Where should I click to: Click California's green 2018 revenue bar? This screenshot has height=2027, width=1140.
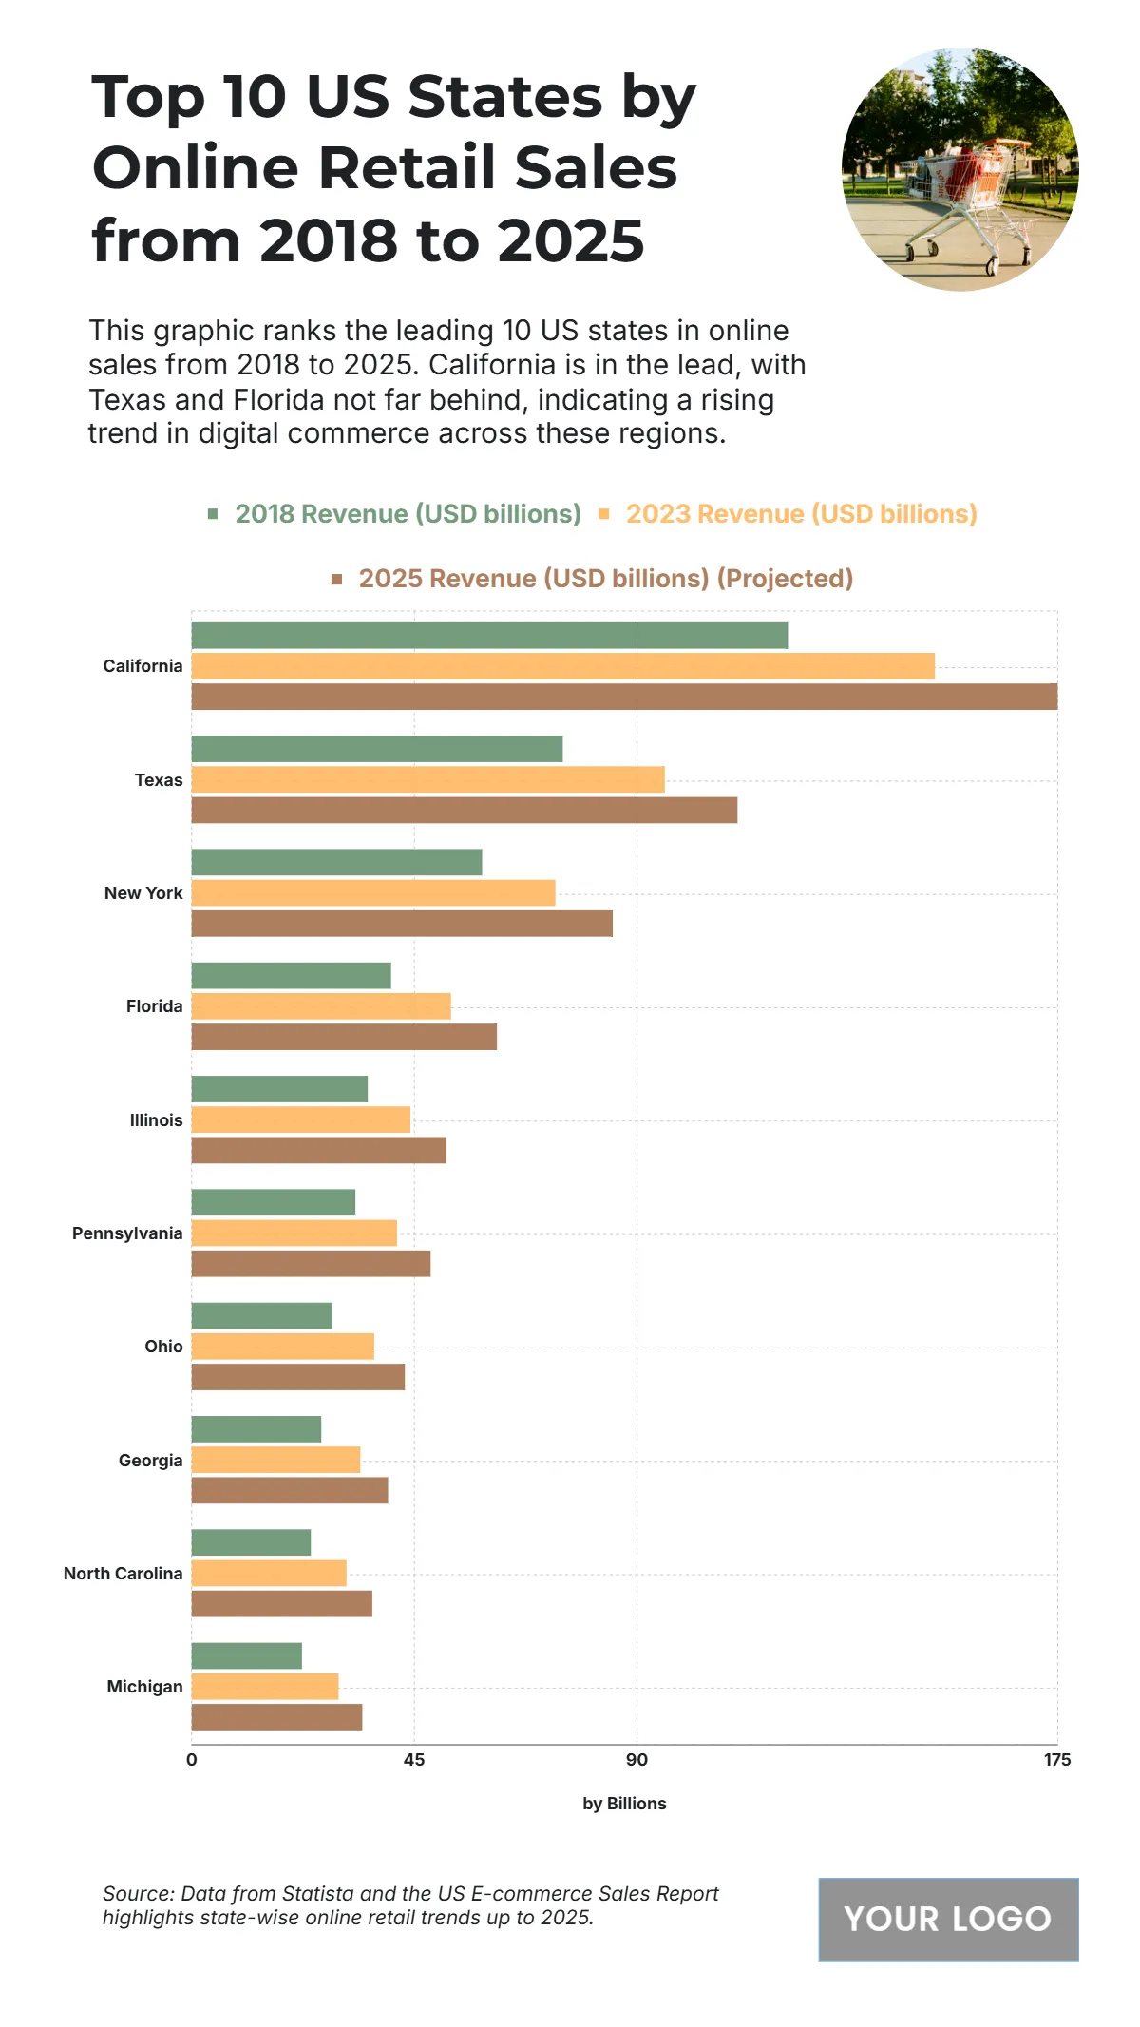(489, 636)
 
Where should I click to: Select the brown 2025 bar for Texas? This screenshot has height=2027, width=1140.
(464, 811)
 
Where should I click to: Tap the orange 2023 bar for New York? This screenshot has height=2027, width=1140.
(372, 893)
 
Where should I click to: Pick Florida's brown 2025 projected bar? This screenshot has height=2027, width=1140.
(344, 1037)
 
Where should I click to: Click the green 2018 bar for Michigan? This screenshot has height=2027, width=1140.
(246, 1656)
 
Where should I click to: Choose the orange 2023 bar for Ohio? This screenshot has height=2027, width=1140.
(282, 1347)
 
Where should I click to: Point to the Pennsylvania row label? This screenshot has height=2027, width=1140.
(127, 1233)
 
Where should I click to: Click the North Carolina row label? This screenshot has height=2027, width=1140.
(123, 1574)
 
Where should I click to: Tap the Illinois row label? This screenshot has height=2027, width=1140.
(156, 1120)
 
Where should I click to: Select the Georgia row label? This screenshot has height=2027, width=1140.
(150, 1461)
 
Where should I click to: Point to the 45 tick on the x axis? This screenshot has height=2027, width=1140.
(414, 1760)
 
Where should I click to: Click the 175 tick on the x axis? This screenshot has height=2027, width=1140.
(1056, 1760)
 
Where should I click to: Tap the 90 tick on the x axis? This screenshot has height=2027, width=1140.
(636, 1760)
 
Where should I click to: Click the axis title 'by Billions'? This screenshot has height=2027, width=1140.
(624, 1804)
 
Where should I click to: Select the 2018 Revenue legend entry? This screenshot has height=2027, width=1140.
(407, 514)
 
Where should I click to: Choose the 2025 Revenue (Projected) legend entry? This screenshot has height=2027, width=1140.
(604, 579)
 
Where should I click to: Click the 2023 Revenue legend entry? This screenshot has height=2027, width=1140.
(800, 514)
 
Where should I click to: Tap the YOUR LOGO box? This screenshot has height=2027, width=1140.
(948, 1919)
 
